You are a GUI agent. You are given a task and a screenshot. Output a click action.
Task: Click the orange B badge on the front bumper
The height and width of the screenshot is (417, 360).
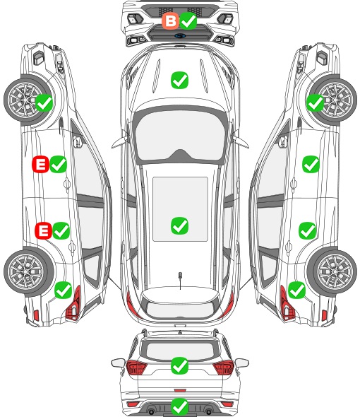pyautogui.click(x=170, y=20)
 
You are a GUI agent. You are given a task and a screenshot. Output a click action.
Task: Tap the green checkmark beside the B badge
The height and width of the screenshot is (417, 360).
pyautogui.click(x=188, y=20)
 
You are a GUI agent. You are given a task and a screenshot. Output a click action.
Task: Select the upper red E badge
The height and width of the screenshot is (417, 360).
pyautogui.click(x=40, y=165)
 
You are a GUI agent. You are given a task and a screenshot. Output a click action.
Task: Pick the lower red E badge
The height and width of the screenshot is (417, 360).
pyautogui.click(x=43, y=230)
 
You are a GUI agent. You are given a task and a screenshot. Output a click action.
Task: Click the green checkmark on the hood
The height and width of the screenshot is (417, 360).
pyautogui.click(x=179, y=80)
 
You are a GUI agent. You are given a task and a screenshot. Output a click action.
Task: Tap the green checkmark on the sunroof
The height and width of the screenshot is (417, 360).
pyautogui.click(x=179, y=225)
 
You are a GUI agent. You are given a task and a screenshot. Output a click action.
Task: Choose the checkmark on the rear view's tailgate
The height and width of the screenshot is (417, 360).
pyautogui.click(x=179, y=365)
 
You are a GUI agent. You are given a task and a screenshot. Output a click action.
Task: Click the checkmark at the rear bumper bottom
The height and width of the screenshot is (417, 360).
pyautogui.click(x=179, y=406)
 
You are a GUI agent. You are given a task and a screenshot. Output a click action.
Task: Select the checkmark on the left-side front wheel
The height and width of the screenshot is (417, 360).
pyautogui.click(x=44, y=102)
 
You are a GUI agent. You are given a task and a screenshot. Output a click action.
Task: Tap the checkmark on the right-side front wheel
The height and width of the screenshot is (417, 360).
pyautogui.click(x=316, y=102)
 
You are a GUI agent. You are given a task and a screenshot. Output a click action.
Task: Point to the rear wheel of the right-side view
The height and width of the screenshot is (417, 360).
pyautogui.click(x=332, y=272)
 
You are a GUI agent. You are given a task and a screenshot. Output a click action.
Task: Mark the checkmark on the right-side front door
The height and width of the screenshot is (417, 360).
pyautogui.click(x=311, y=165)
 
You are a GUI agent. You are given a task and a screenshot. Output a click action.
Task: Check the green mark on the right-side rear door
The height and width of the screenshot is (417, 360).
pyautogui.click(x=307, y=230)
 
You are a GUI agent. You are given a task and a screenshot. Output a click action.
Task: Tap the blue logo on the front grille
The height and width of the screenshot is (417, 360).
pyautogui.click(x=180, y=35)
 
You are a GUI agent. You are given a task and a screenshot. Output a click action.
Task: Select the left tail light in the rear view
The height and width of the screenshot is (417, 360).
pyautogui.click(x=136, y=368)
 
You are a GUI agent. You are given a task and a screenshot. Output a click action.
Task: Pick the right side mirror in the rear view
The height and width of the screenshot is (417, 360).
pyautogui.click(x=242, y=363)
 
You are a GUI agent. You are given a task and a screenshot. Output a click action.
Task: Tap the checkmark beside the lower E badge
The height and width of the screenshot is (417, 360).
pyautogui.click(x=61, y=230)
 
